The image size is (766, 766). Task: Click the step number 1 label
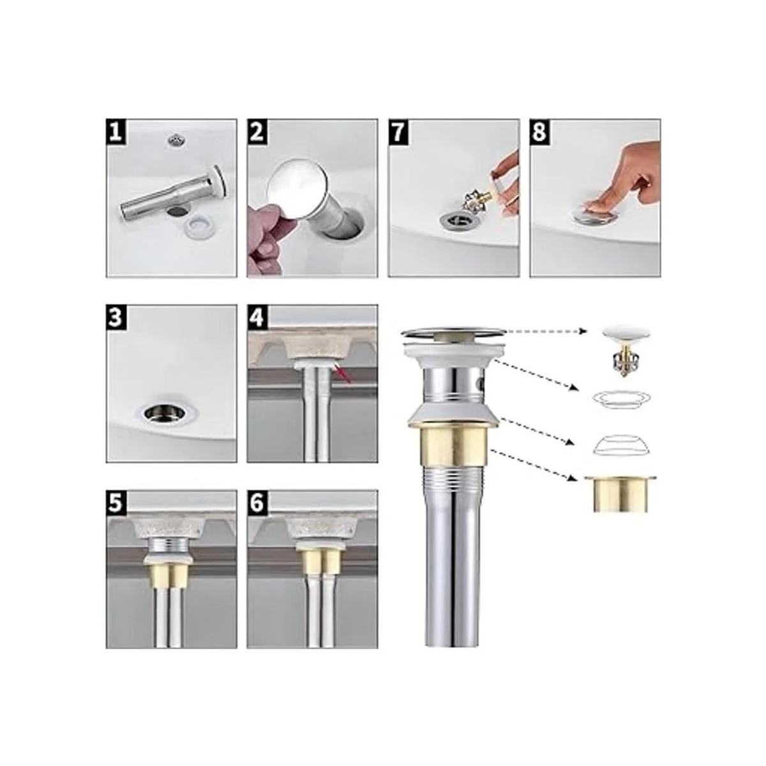[116, 131]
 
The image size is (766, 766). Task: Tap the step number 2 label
[257, 131]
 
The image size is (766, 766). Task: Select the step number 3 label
[116, 317]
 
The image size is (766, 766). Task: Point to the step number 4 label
[257, 317]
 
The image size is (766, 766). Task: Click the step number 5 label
[116, 502]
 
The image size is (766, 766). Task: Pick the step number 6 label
[257, 502]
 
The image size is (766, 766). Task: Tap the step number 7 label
[398, 131]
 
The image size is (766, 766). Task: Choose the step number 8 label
[539, 131]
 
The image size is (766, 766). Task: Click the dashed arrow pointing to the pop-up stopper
[547, 331]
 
